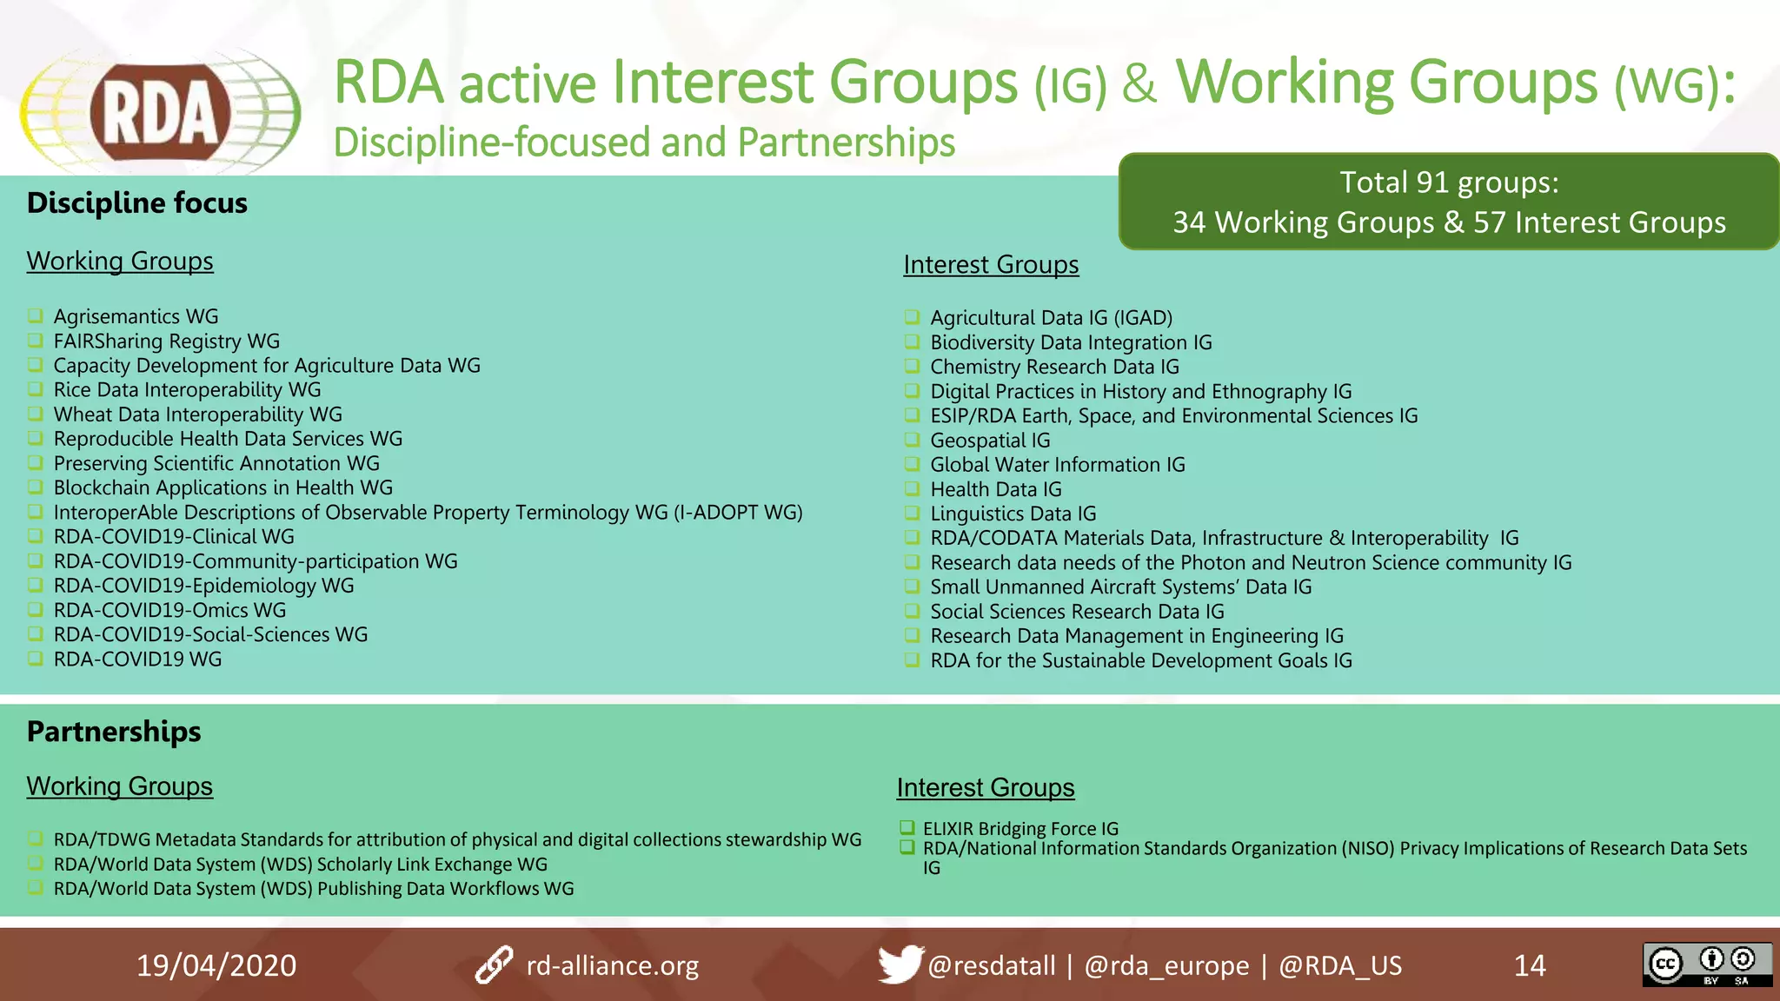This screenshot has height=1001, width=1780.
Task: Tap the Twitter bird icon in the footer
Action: pyautogui.click(x=899, y=964)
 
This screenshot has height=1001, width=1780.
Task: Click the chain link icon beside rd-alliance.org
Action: pyautogui.click(x=495, y=965)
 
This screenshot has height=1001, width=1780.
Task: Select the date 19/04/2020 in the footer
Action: pyautogui.click(x=216, y=965)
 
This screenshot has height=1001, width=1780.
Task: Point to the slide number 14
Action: pyautogui.click(x=1529, y=965)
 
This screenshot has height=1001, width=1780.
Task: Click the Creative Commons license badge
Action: pyautogui.click(x=1706, y=965)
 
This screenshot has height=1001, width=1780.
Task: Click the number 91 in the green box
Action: pyautogui.click(x=1432, y=182)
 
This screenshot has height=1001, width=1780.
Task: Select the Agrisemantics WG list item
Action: pyautogui.click(x=136, y=316)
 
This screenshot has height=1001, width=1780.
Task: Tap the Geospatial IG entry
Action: pyautogui.click(x=990, y=441)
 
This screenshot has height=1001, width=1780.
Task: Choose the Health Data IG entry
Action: pyautogui.click(x=996, y=489)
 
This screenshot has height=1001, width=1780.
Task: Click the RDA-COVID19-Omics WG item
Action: pyautogui.click(x=169, y=610)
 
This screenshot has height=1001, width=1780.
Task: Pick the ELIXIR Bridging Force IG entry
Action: pyautogui.click(x=1020, y=828)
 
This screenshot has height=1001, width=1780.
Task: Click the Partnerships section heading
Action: pyautogui.click(x=114, y=732)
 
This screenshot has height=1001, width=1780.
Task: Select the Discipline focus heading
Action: pyautogui.click(x=137, y=202)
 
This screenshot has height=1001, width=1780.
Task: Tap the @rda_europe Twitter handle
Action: pyautogui.click(x=1166, y=965)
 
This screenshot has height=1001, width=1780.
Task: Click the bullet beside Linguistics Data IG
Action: pyautogui.click(x=912, y=513)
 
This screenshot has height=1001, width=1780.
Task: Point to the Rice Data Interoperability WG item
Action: pyautogui.click(x=187, y=389)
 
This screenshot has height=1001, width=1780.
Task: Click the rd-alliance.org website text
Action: pyautogui.click(x=612, y=965)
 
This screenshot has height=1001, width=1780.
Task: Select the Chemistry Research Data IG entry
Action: pyautogui.click(x=1054, y=367)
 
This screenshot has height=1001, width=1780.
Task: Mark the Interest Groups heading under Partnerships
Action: pyautogui.click(x=986, y=787)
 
